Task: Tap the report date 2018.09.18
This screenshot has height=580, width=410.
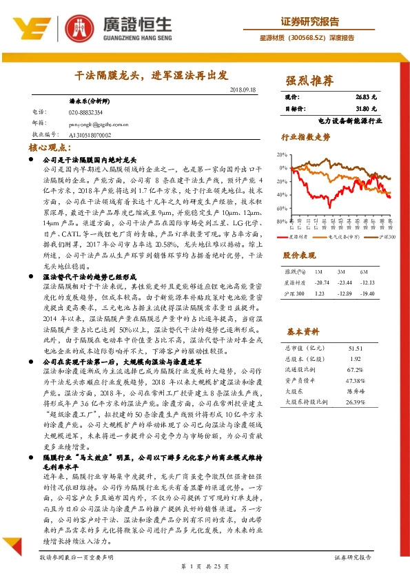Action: coord(241,90)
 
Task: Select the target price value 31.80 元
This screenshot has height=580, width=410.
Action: coord(366,109)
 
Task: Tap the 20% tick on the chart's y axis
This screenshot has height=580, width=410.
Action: coord(281,154)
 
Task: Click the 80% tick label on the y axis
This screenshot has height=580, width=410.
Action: coord(281,221)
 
